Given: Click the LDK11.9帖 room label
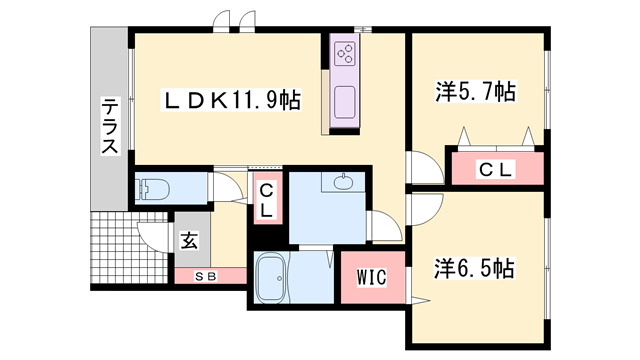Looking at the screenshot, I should point(232,101).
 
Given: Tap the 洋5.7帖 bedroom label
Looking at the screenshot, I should point(475,93).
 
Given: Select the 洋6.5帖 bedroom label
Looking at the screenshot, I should point(475,269).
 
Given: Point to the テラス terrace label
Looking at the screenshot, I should point(109,126).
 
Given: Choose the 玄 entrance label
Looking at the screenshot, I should point(189,240).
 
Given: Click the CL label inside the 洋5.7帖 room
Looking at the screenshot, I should point(495,170).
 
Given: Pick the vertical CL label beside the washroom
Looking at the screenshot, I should point(266,201).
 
